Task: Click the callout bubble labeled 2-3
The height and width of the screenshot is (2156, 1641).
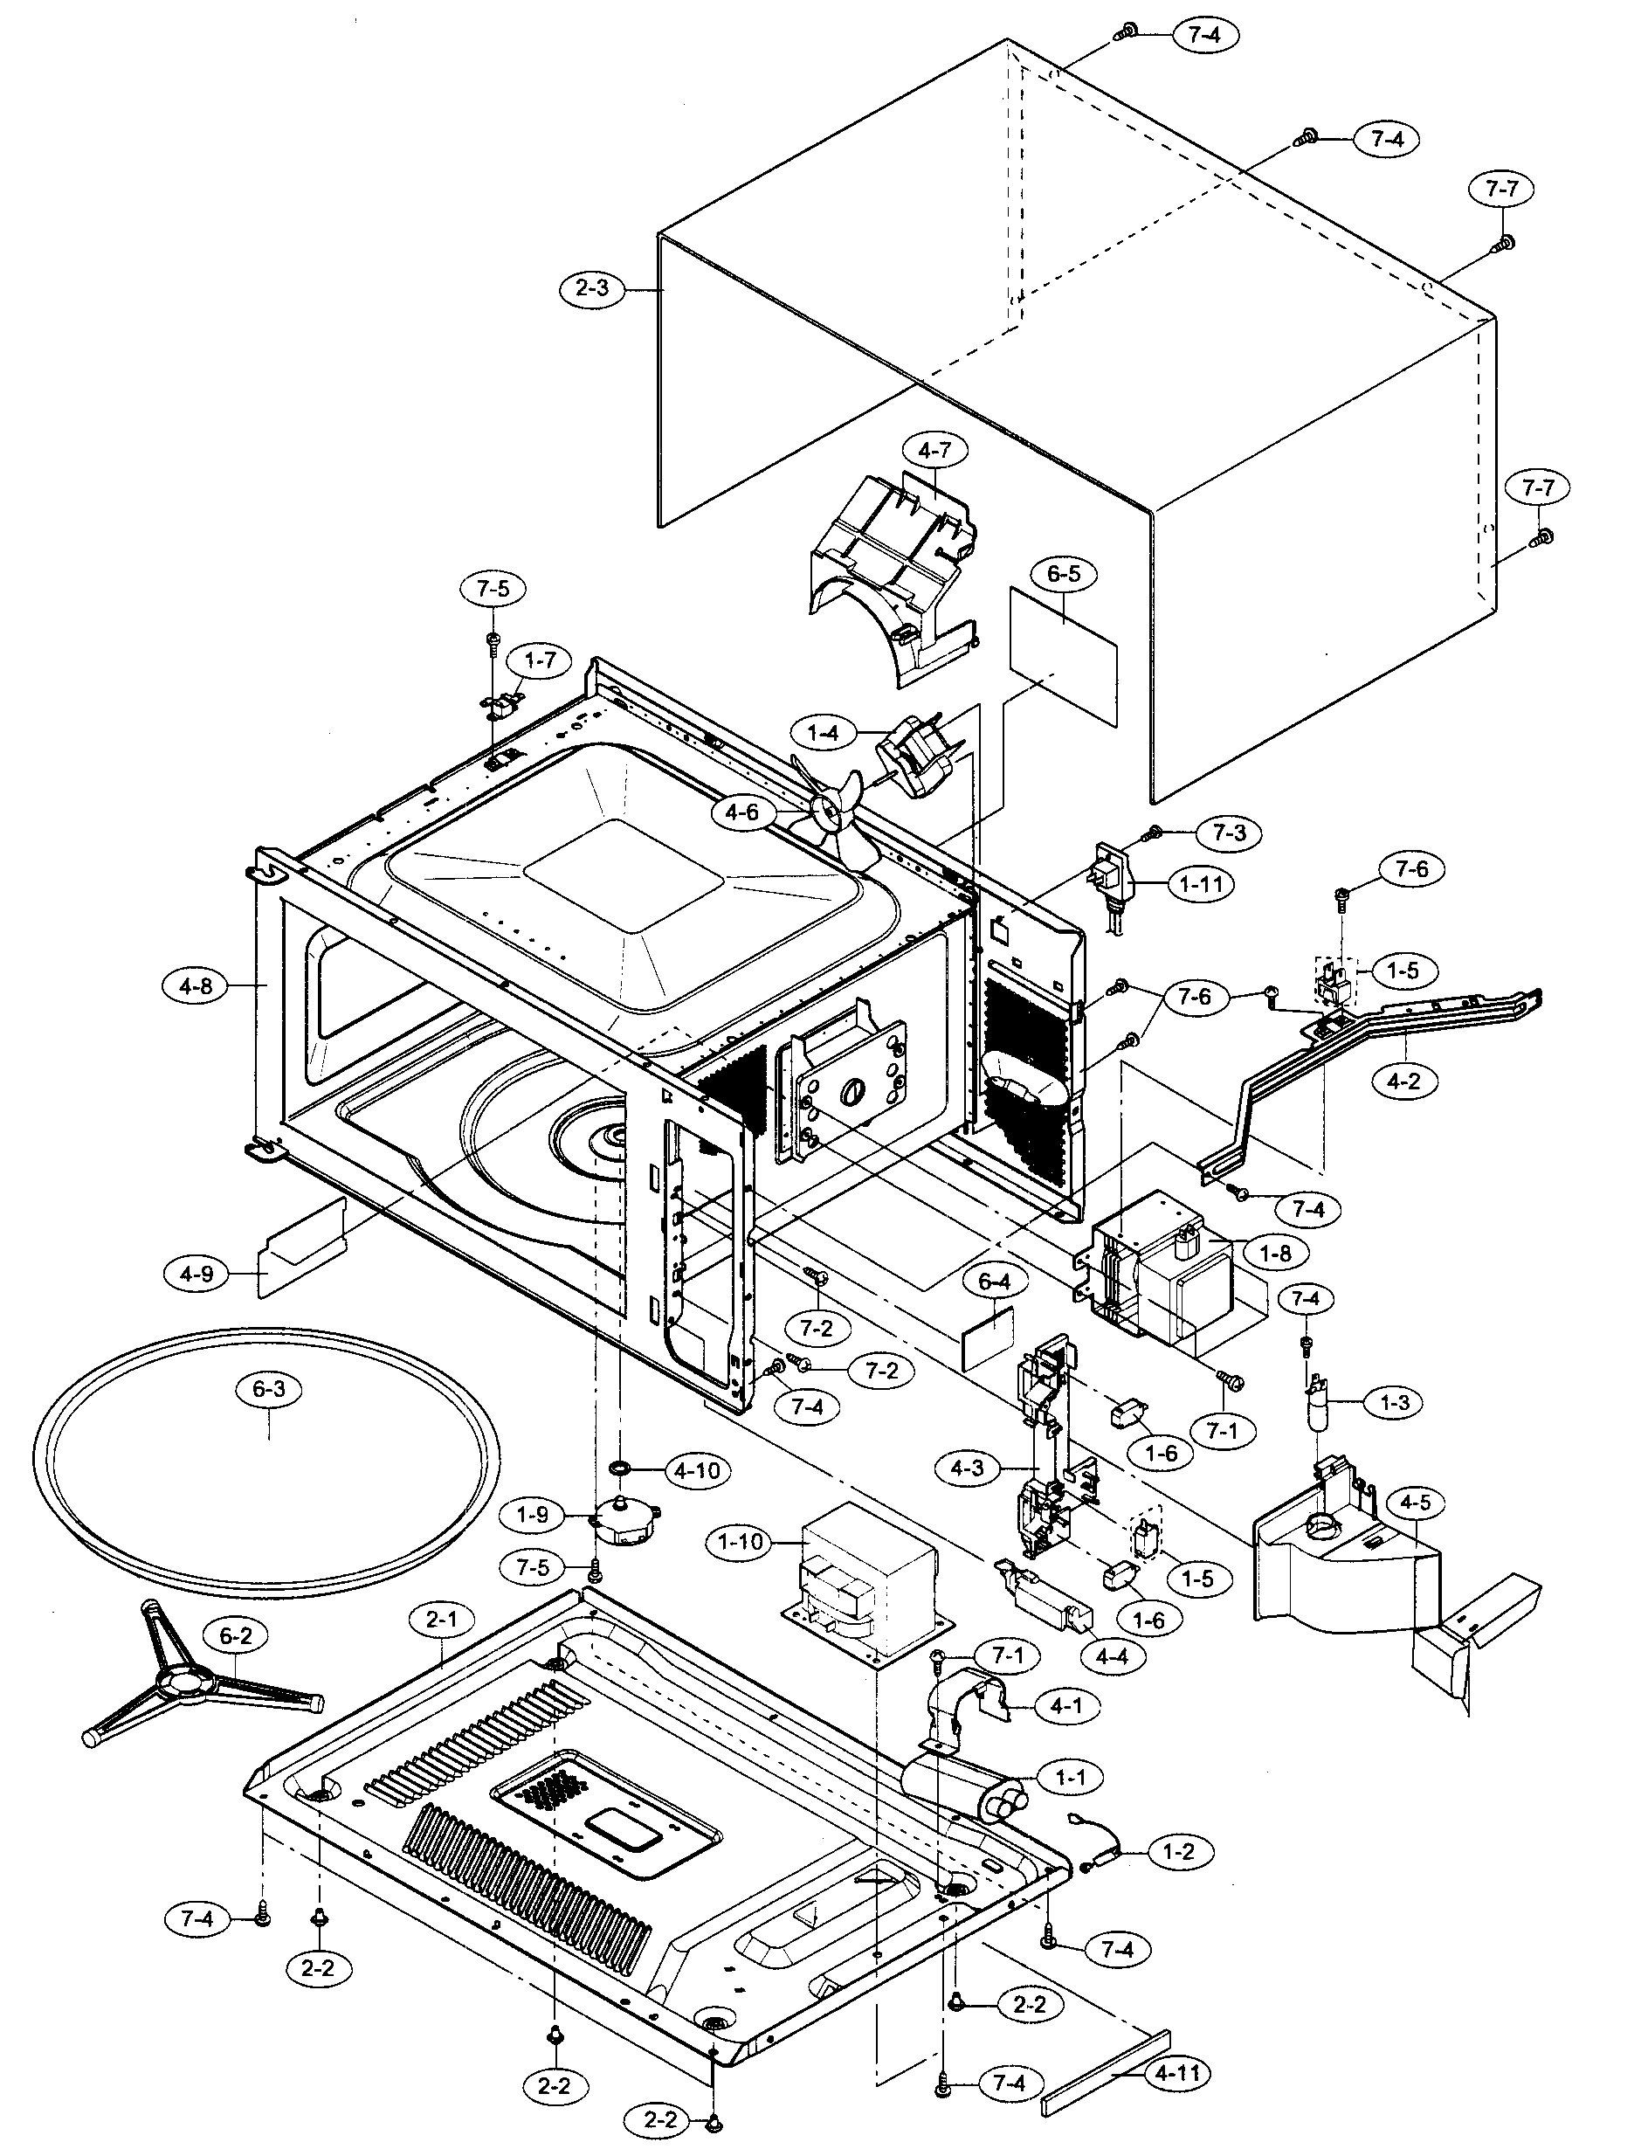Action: pos(592,289)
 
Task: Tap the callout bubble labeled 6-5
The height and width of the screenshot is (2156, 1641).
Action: pos(1064,573)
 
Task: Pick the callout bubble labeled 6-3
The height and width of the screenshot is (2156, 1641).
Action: pos(269,1389)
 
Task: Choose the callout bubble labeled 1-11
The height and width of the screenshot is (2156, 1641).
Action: pos(1202,884)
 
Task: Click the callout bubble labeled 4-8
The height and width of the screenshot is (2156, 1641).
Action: pos(196,985)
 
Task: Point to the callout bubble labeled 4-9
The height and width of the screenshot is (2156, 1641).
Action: pos(196,1272)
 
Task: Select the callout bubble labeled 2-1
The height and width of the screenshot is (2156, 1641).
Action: pos(442,1619)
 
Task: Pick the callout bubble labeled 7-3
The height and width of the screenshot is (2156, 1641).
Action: pos(1229,833)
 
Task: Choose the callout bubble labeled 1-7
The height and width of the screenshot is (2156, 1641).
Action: pos(539,660)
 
